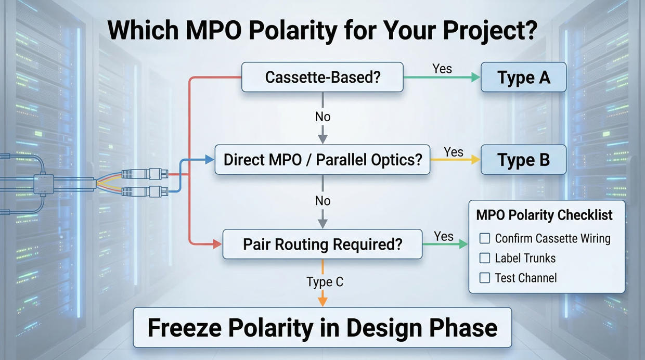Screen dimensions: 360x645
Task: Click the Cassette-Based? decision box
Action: [x=322, y=78]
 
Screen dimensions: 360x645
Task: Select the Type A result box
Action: [x=523, y=78]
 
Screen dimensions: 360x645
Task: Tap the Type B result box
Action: [x=523, y=160]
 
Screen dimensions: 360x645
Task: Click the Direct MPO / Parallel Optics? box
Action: [x=322, y=160]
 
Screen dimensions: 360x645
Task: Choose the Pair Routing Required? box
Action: [x=322, y=244]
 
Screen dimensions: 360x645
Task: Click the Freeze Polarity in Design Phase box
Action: [x=322, y=328]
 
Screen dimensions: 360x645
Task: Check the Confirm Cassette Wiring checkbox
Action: [x=485, y=238]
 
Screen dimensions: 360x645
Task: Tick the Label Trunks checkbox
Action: [x=485, y=258]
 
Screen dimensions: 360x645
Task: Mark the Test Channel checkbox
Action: [x=485, y=278]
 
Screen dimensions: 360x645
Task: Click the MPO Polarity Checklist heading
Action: [x=544, y=215]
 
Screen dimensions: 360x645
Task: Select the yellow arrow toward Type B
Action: [x=455, y=160]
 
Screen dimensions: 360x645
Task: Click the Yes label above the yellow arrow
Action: [x=454, y=151]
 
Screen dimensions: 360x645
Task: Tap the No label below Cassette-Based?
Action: [x=322, y=117]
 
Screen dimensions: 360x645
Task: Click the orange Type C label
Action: [x=325, y=282]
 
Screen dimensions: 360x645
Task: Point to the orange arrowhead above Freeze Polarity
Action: [x=322, y=300]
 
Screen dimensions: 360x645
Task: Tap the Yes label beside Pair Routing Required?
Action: [x=444, y=236]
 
